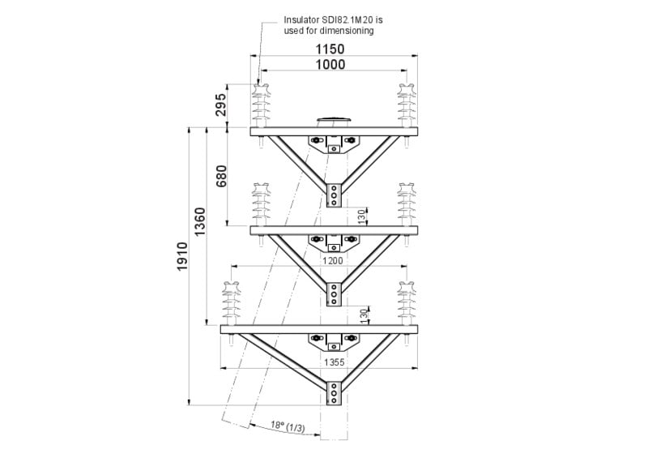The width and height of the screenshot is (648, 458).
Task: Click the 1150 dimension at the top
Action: pyautogui.click(x=331, y=49)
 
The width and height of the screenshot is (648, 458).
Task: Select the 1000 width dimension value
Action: pyautogui.click(x=331, y=65)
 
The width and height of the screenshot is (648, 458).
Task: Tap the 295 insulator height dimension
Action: pyautogui.click(x=220, y=105)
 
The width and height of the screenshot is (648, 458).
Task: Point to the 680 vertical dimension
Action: pyautogui.click(x=221, y=176)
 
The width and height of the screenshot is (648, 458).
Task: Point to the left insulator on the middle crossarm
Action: pyautogui.click(x=261, y=205)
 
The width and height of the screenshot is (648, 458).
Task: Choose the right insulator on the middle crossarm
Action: pyautogui.click(x=405, y=205)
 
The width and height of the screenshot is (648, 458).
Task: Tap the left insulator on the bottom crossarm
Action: pyautogui.click(x=231, y=302)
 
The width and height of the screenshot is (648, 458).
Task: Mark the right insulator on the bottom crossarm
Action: pyautogui.click(x=405, y=302)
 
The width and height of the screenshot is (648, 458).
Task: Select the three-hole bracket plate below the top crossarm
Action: pyautogui.click(x=333, y=195)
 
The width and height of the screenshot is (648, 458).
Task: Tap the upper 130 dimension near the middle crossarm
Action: pyautogui.click(x=362, y=216)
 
